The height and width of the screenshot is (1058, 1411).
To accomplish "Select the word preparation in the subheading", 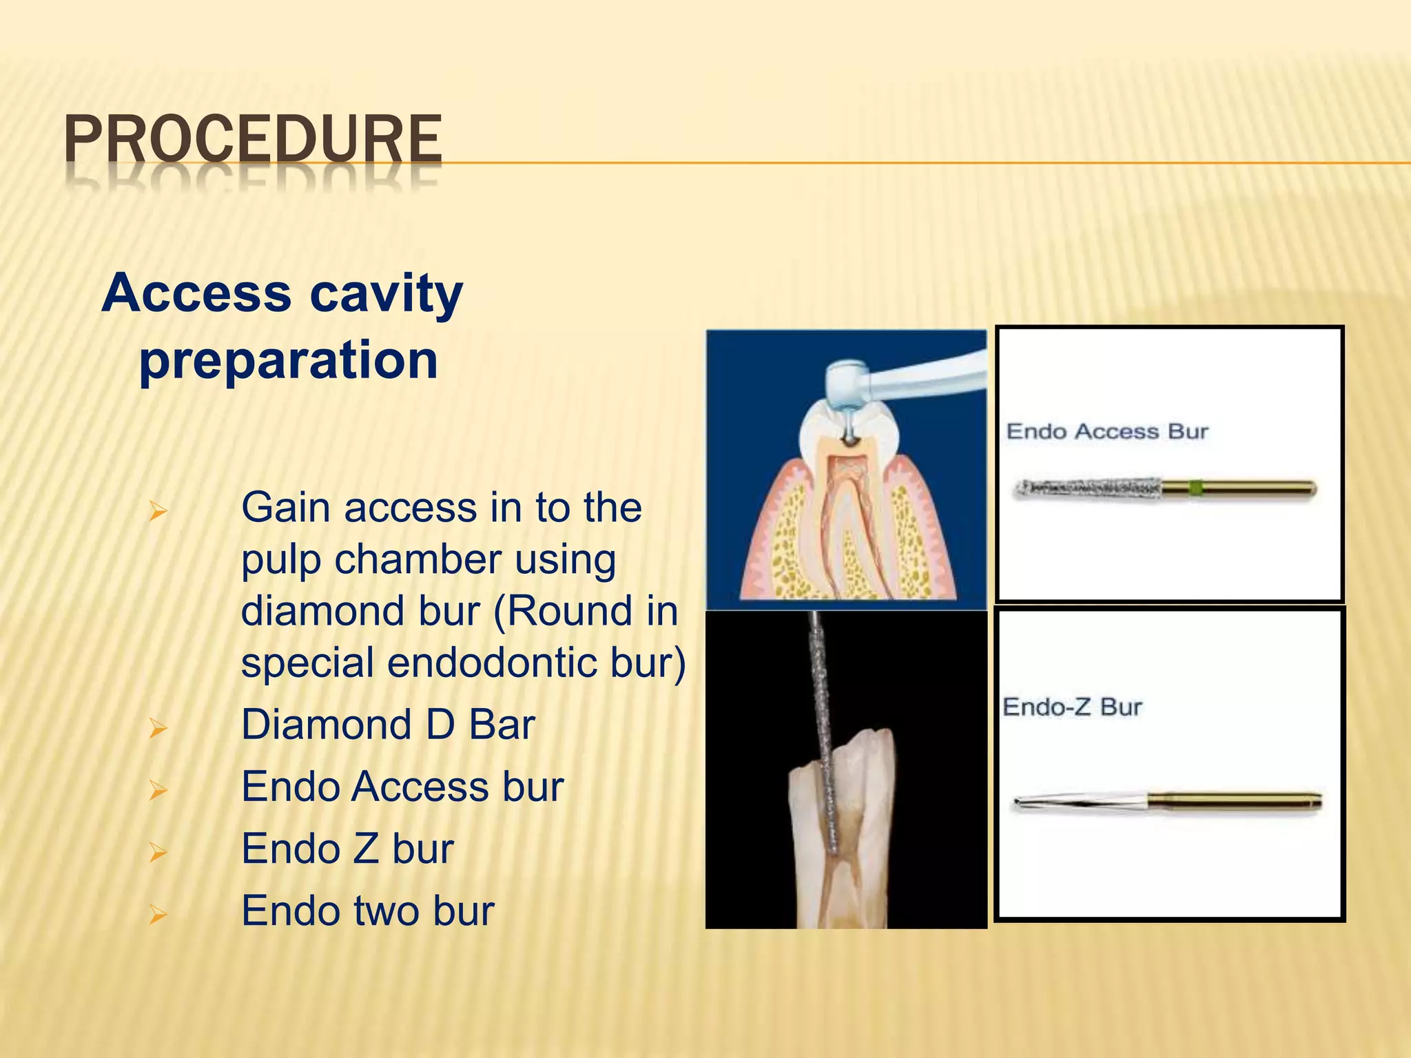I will point(289,360).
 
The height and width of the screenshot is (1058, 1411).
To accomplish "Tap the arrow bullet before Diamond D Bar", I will point(158,727).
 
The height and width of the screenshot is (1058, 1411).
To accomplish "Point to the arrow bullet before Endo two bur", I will point(158,914).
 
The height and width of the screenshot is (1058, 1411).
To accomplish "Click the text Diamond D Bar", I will point(388,725).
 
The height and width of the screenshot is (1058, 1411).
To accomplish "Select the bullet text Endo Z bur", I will point(347,849).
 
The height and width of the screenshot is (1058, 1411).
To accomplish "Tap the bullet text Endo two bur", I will point(367,911).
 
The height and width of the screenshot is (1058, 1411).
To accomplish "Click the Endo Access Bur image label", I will point(1107,432).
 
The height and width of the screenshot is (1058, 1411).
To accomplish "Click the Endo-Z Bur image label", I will point(1072,707).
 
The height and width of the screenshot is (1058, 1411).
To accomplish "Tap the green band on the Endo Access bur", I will point(1195,489).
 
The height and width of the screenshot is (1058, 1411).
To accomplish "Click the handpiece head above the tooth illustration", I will point(849,383).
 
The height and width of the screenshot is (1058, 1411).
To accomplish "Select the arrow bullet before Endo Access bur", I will point(158,789).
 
